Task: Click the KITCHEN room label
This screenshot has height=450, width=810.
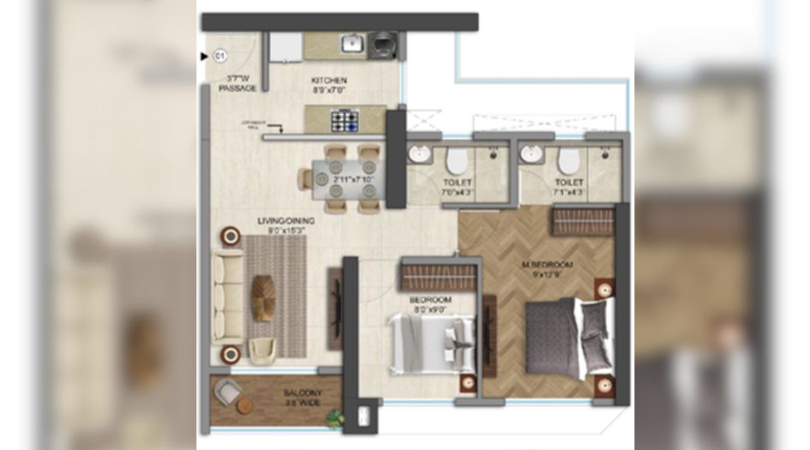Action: click(329, 81)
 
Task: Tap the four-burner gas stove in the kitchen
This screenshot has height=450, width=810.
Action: click(345, 120)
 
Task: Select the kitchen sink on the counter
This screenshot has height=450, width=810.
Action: click(352, 43)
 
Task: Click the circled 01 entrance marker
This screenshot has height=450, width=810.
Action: click(219, 57)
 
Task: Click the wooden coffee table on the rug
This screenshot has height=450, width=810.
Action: click(263, 297)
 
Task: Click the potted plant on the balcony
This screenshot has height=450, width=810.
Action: click(334, 418)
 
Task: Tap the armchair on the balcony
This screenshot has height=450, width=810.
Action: click(226, 391)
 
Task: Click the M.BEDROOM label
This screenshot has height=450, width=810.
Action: click(547, 266)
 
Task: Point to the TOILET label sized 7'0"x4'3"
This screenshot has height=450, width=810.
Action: click(458, 187)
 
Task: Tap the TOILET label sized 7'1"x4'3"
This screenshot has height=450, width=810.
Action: click(568, 187)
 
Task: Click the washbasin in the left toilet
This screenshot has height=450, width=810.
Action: click(420, 155)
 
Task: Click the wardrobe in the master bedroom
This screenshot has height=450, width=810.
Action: click(583, 221)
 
